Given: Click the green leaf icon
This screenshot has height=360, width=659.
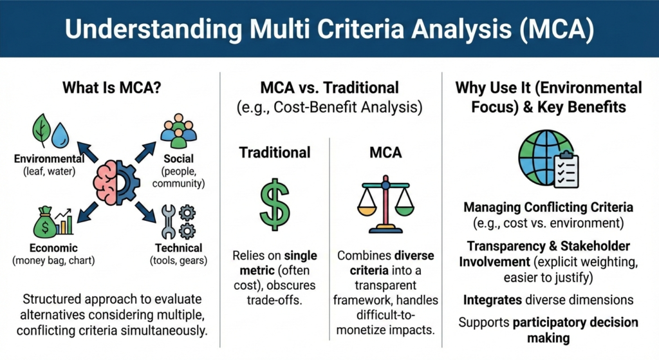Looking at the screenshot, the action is tap(42, 130).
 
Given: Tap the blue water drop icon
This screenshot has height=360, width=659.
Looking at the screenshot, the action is tap(60, 135).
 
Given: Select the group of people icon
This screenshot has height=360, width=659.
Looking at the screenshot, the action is tap(179, 131).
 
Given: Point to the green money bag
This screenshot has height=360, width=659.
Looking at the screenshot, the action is tap(45, 222).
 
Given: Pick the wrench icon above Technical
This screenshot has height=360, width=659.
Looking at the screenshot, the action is tap(168, 222).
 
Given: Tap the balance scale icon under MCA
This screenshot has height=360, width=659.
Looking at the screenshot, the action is tap(385, 204).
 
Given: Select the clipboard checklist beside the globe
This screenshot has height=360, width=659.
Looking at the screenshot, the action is tap(566, 169).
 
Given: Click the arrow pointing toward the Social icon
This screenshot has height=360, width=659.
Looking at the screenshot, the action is tap(145, 152).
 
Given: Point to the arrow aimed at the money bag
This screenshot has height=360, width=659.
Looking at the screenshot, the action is tap(88, 212).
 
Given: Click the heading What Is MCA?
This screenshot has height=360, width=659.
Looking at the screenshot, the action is tap(112, 88).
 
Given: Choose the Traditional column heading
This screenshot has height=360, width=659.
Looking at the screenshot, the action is tap(275, 152).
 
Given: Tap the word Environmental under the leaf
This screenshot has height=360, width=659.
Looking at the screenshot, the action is tap(49, 158).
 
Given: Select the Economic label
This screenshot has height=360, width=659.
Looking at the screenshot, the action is tap(53, 248).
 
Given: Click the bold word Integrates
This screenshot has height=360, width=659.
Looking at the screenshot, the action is tap(492, 300).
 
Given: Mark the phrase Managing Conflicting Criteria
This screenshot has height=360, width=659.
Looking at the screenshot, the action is tap(548, 207).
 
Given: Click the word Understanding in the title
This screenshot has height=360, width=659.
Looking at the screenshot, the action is tap(154, 29).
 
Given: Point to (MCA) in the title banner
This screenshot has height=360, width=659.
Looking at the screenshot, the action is tap(557, 29).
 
